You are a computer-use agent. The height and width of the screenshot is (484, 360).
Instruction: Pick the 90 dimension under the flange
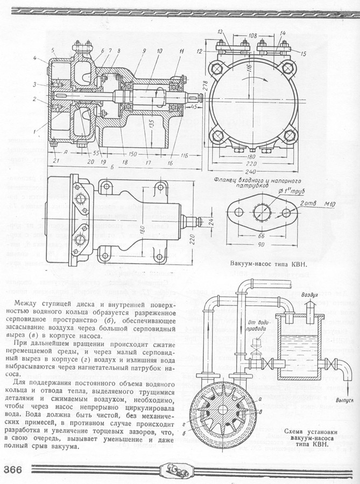click(262, 244)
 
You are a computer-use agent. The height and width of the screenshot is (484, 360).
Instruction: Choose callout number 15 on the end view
click(303, 53)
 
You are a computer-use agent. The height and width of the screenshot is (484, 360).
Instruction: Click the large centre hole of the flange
click(262, 209)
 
